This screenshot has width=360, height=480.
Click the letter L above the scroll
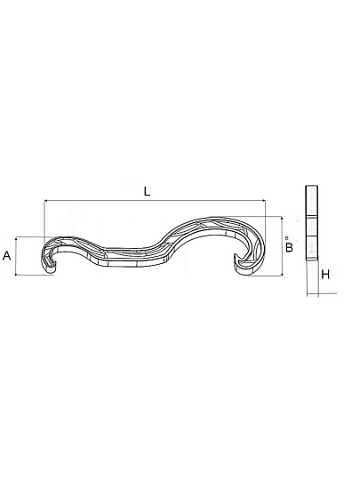148,192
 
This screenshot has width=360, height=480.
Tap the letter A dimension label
7,255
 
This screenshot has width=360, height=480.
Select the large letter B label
289,247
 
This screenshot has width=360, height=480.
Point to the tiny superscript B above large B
286,237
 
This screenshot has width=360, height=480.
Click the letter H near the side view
325,275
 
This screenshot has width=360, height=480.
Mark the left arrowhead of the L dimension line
45,201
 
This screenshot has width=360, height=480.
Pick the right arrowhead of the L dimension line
264,201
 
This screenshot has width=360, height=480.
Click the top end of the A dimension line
16,237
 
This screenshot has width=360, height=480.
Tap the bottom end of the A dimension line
16,275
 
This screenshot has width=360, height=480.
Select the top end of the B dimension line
282,217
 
